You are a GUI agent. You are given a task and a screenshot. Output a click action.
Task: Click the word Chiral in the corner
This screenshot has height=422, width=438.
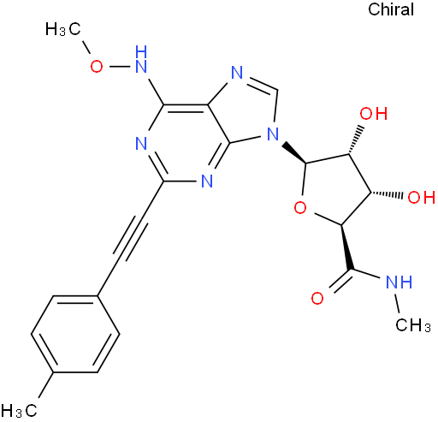[x=391, y=9]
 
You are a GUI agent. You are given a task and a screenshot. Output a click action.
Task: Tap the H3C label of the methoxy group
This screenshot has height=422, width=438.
[x=63, y=29]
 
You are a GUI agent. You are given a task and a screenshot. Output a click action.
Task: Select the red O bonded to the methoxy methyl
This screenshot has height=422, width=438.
[x=97, y=67]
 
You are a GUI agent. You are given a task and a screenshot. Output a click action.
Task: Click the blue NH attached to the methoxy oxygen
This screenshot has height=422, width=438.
[x=141, y=59]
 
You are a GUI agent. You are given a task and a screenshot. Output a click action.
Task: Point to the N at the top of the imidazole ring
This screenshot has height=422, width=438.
[x=237, y=73]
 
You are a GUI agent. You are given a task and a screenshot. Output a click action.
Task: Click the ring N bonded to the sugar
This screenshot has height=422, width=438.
[x=273, y=134]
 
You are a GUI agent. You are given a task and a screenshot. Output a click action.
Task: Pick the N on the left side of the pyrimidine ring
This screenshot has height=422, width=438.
[x=141, y=143]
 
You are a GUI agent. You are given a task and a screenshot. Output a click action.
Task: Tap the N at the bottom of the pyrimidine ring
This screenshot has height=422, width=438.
[x=207, y=181]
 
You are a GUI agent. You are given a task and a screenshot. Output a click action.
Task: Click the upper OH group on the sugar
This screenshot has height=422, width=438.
[x=373, y=114]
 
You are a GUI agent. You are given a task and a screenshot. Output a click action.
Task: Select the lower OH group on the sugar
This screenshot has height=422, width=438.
[x=422, y=197]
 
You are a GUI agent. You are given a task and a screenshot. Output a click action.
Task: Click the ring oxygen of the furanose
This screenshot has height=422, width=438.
[x=300, y=207]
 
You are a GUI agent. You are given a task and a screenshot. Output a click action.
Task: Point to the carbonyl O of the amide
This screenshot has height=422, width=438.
[x=317, y=299]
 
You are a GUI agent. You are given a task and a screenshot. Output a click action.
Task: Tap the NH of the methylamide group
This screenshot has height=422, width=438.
[x=399, y=282]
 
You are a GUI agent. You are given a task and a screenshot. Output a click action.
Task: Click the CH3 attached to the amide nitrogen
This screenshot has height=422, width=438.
[x=413, y=325]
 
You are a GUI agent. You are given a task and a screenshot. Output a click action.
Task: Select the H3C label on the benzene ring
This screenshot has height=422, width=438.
[x=19, y=410]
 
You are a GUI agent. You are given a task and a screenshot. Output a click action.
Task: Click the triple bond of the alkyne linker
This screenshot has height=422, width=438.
[x=131, y=239]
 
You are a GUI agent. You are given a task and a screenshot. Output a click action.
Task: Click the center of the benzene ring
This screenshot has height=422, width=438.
[x=75, y=334]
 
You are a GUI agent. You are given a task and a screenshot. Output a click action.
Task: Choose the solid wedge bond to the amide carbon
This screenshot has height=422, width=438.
[x=346, y=247]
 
